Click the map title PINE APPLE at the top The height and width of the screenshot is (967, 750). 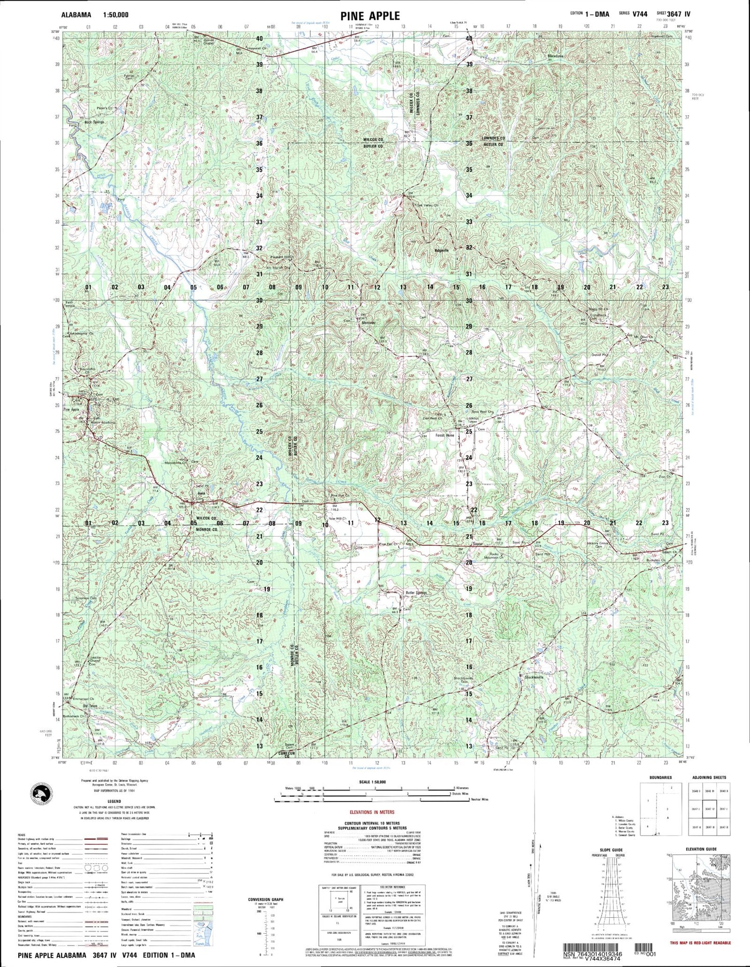tap(370, 16)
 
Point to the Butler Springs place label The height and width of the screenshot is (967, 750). tap(416, 592)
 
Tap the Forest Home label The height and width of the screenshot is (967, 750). tap(445, 435)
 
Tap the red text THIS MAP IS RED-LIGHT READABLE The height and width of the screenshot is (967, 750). tap(700, 943)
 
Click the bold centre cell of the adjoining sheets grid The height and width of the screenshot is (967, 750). tap(710, 808)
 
